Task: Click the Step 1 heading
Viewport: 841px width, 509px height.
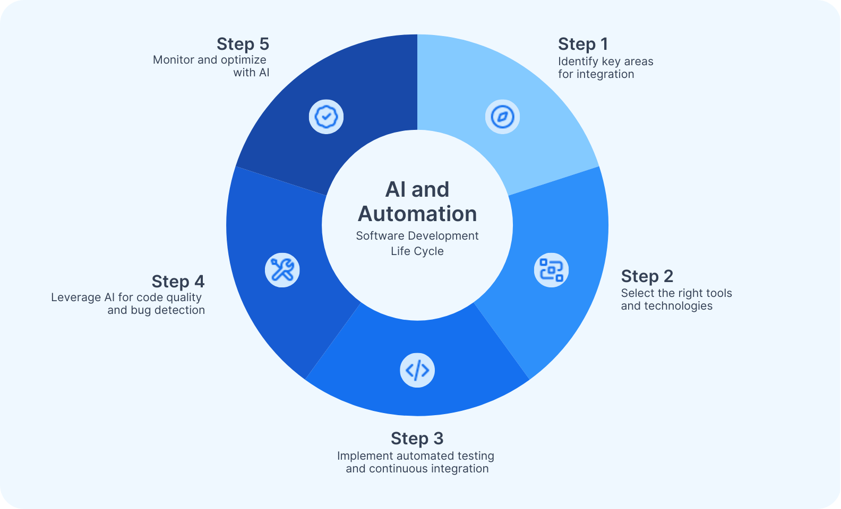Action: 582,44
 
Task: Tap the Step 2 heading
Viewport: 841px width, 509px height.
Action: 647,276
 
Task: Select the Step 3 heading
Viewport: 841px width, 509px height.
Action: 417,438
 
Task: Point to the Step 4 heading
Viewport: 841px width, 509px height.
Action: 178,282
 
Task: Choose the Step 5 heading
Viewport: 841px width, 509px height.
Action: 243,44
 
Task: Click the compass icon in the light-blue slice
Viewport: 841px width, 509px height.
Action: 502,117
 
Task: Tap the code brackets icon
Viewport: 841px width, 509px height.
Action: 417,370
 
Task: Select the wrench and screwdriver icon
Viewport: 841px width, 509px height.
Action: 282,270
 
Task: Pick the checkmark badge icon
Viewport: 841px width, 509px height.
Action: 326,117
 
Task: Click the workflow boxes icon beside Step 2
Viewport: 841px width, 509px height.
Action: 551,270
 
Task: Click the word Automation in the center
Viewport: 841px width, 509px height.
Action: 417,214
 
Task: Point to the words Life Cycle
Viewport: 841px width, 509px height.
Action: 417,251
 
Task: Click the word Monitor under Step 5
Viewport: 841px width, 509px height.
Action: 174,60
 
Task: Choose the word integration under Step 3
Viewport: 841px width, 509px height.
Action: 460,469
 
